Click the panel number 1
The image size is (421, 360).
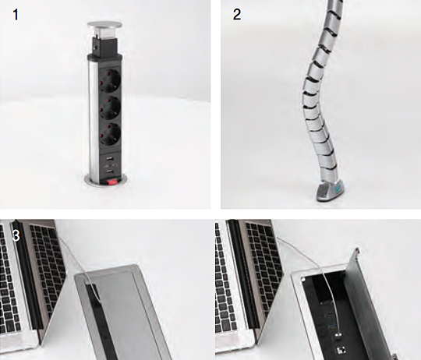16,15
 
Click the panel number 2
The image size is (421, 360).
237,15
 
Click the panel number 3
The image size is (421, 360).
16,236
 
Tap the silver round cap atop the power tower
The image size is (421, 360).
104,25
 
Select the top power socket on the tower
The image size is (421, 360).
110,79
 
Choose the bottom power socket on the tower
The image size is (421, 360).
110,134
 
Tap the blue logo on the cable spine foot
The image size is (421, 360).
338,189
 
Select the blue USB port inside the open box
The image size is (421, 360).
333,326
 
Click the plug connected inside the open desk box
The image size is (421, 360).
339,336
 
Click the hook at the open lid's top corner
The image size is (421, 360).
357,251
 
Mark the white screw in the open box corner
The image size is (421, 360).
304,280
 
